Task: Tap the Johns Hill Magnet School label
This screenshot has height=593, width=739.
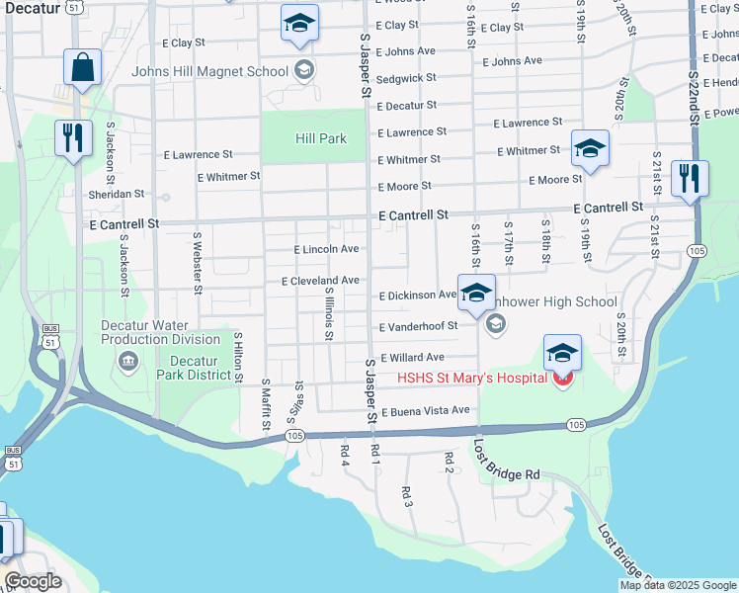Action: click(210, 71)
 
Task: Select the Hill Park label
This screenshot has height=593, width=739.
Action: click(320, 138)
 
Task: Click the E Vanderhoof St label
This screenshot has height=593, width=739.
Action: click(419, 326)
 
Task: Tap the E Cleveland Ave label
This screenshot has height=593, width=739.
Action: click(320, 281)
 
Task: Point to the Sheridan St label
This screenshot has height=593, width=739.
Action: click(117, 195)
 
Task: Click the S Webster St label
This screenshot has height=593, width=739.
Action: click(198, 263)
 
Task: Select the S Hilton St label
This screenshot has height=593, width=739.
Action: click(238, 358)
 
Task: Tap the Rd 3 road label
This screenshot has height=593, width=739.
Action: click(407, 496)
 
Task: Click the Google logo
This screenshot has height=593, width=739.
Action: click(33, 582)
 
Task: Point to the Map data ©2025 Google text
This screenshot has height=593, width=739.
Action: click(678, 586)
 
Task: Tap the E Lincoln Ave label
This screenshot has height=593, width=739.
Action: click(326, 249)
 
